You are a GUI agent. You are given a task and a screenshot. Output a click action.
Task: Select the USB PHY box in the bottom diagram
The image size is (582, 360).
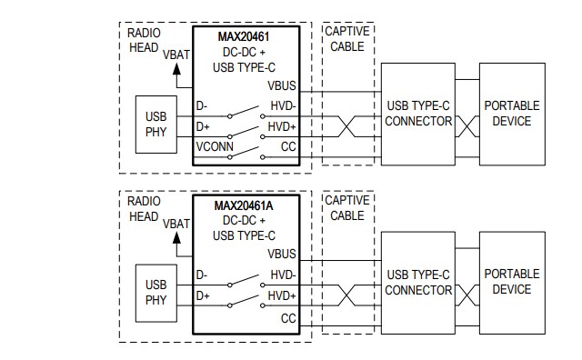[156, 293]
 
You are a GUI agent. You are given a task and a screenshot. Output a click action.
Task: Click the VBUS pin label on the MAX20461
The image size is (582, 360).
[283, 85]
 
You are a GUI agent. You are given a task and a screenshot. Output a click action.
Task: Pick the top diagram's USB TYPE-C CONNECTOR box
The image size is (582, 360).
[418, 114]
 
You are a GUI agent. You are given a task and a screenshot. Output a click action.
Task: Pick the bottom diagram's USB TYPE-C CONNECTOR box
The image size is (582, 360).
[418, 283]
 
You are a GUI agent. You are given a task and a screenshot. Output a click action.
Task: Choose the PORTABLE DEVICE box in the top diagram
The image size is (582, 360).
[512, 114]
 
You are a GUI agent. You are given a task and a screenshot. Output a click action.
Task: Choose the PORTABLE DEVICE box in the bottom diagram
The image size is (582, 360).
[512, 282]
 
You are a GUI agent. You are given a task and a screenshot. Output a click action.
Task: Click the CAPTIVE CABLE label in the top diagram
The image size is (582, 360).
[346, 39]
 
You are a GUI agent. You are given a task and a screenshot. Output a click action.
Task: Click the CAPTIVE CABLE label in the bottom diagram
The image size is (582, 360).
[346, 208]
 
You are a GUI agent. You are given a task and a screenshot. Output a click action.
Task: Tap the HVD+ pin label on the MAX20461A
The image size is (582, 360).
[283, 295]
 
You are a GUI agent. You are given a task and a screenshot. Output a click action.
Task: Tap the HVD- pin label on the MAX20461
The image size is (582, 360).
[283, 106]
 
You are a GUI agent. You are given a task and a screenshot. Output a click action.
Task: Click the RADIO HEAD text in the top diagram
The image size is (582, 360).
[144, 39]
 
